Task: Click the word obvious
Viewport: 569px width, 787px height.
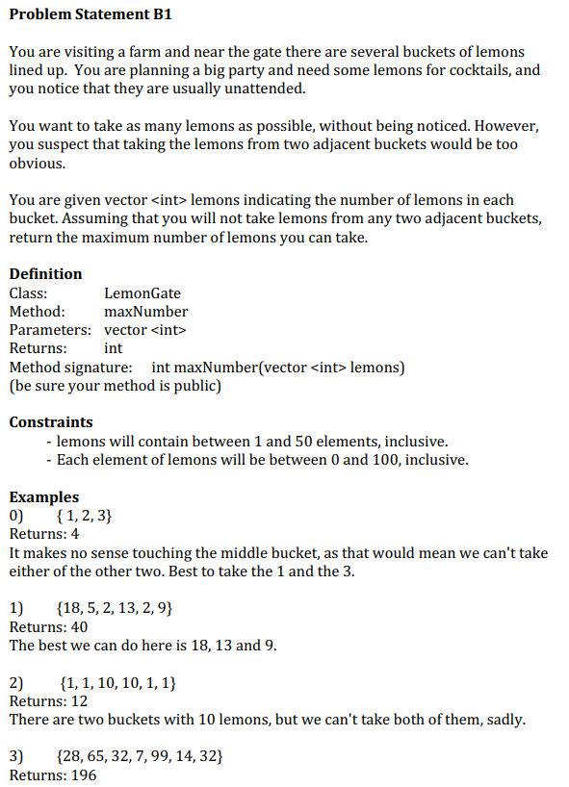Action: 38,164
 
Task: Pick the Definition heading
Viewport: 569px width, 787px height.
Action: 45,274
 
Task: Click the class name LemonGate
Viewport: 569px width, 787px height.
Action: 142,293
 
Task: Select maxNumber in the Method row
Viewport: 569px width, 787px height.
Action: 145,312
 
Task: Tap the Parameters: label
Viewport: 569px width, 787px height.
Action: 49,330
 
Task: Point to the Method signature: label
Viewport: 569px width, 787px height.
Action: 70,368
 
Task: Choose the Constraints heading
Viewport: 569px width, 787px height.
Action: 51,422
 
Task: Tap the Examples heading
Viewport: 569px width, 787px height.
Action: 44,497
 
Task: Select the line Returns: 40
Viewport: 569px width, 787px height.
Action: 48,627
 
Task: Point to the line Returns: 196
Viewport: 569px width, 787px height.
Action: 52,774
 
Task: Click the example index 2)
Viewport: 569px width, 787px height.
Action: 16,683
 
